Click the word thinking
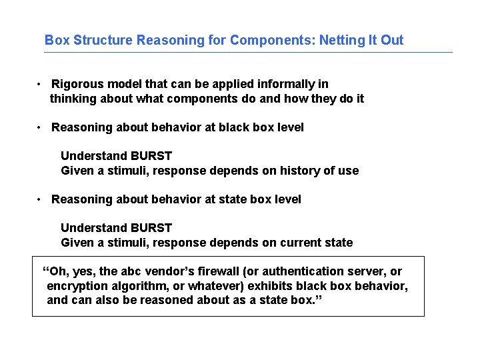73,99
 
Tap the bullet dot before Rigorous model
41,84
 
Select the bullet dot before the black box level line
41,127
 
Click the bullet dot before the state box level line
41,199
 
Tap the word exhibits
270,286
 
